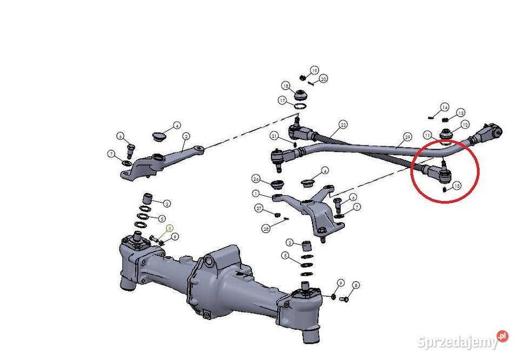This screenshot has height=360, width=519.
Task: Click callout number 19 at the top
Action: tap(315, 71)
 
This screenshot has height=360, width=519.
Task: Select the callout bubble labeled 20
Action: tap(323, 79)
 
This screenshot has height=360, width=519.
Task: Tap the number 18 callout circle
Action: tap(285, 86)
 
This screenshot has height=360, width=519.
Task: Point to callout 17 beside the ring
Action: tap(282, 101)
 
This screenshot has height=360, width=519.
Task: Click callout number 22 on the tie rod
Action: tap(343, 124)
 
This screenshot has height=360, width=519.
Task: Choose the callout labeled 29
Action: tap(408, 137)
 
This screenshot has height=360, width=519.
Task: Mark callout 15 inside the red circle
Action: tap(457, 186)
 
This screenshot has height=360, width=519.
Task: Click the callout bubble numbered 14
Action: tap(444, 107)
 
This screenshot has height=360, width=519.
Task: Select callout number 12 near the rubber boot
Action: tap(464, 125)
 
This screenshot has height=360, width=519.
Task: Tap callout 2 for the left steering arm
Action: tap(186, 136)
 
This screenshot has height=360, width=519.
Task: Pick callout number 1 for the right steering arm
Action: tap(256, 193)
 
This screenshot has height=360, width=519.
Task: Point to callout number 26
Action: tap(256, 179)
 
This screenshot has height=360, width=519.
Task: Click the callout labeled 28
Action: tap(267, 229)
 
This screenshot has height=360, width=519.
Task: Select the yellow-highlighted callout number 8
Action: tap(169, 229)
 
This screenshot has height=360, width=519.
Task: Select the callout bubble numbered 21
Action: tap(275, 136)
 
